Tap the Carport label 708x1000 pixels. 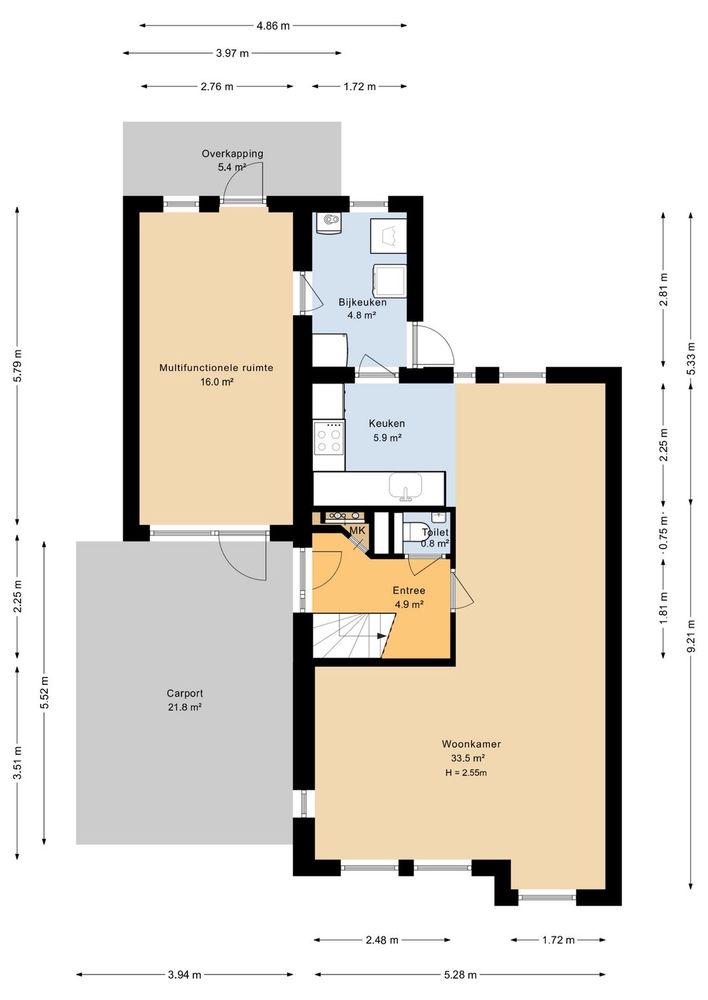coord(184,693)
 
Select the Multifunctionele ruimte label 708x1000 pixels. coord(216,368)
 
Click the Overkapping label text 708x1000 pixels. coord(232,154)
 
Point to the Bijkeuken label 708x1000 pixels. coord(363,302)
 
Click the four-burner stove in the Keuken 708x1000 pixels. coord(329,439)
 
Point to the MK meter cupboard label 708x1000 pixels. coord(357,530)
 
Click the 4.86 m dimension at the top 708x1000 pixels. coord(273,26)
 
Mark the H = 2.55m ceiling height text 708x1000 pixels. coord(465,773)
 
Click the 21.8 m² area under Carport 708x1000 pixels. coord(184,707)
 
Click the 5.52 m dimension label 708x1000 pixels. coord(44,693)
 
